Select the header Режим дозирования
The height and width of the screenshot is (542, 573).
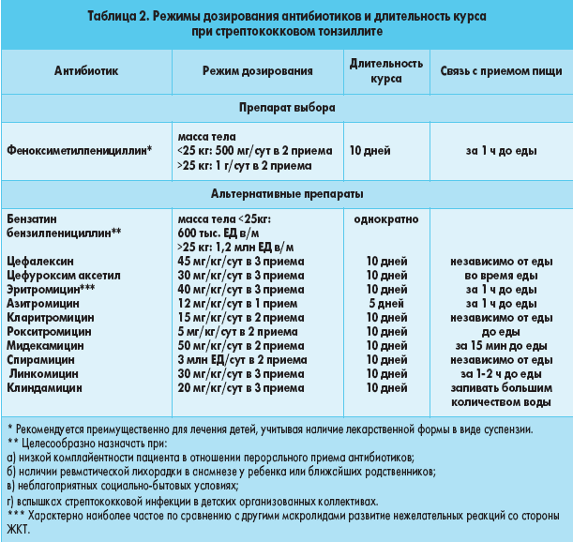point(243,71)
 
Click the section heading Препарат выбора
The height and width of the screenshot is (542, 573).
point(286,108)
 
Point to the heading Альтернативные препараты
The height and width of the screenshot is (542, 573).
point(286,194)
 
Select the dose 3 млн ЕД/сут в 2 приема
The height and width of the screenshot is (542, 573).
point(240,359)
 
